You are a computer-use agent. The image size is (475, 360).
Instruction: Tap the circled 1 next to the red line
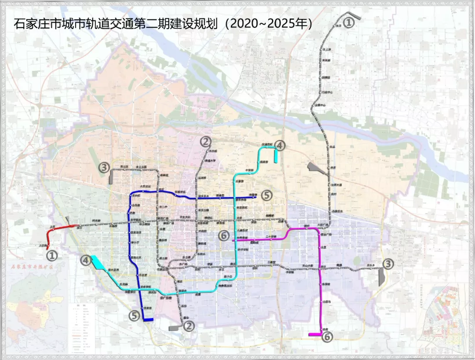52,255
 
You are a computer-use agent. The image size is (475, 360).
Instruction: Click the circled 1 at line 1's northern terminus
348,22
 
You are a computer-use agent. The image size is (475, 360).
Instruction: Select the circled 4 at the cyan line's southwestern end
86,261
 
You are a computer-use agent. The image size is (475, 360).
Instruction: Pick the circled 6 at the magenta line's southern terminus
327,337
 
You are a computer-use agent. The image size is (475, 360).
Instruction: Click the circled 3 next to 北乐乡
388,264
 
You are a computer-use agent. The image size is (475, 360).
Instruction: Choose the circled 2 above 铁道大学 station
205,142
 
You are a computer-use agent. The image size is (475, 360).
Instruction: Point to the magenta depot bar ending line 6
315,335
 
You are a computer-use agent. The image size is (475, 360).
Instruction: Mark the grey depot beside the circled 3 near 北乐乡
381,277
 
